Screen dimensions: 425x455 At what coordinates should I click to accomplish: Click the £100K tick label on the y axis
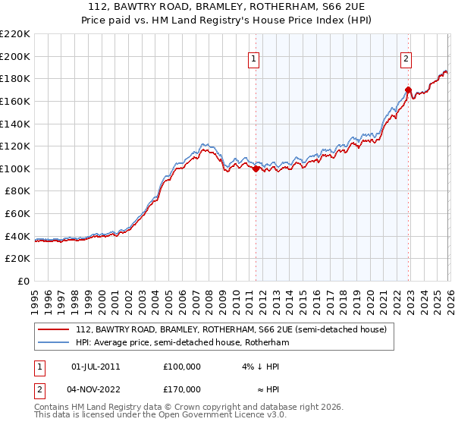coord(14,168)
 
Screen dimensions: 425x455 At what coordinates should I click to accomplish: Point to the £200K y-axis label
coord(14,56)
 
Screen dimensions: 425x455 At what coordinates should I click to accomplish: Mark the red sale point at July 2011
coord(256,169)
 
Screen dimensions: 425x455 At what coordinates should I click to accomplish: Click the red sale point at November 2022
coord(408,90)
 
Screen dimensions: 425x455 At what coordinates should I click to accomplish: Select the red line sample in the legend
coord(53,330)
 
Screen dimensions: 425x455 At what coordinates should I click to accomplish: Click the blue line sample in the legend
coord(53,343)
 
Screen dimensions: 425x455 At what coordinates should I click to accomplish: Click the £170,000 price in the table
coord(182,389)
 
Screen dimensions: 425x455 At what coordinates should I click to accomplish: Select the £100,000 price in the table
coord(182,366)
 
